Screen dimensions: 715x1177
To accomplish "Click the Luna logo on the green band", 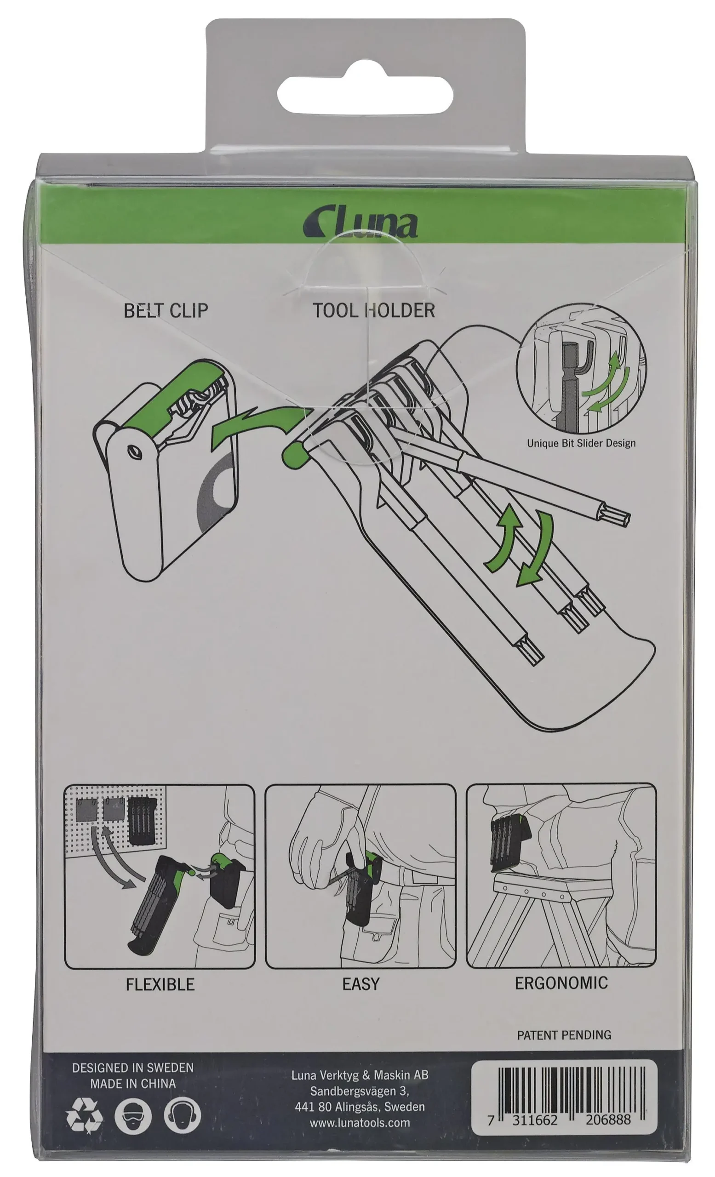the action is coord(360,222).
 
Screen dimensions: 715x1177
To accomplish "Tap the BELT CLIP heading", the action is coord(166,311).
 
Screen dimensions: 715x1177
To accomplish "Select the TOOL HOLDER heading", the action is coord(373,310).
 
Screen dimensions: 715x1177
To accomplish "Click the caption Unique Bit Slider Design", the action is coord(581,443).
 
